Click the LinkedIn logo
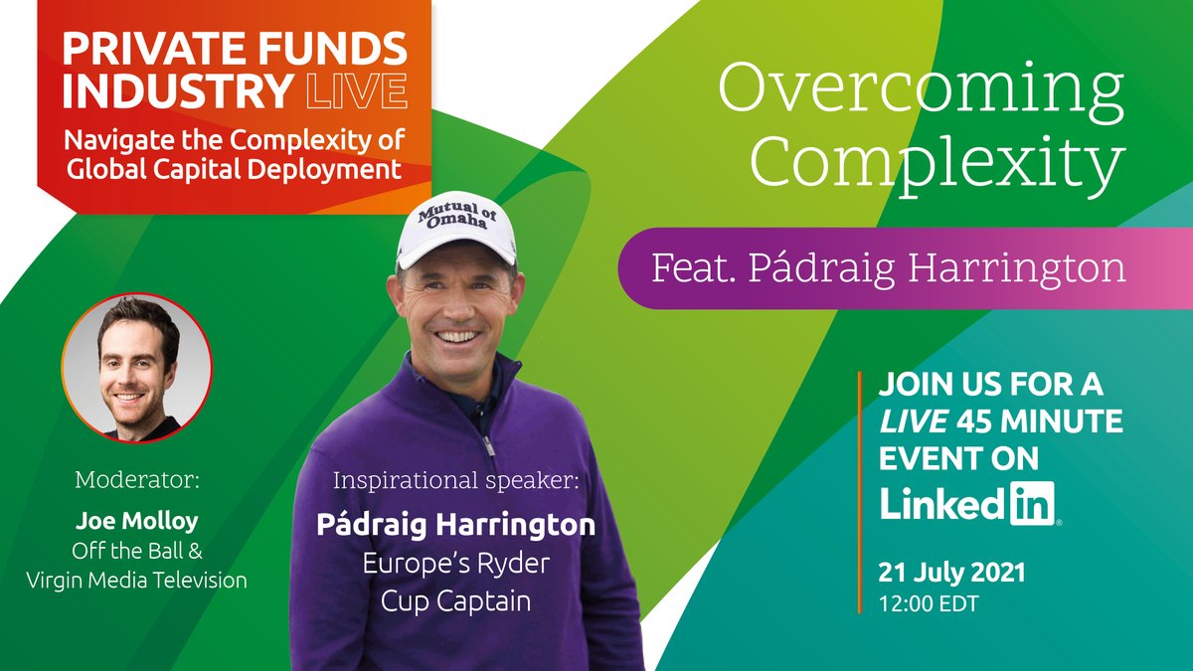point(968,503)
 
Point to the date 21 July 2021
point(951,573)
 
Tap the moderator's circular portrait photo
point(137,367)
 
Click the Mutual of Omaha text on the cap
point(452,214)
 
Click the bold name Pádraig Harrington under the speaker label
point(455,524)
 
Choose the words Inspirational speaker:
point(454,480)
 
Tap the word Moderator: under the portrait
point(137,481)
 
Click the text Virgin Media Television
point(137,580)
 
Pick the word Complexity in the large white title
point(936,165)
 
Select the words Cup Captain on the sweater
point(454,599)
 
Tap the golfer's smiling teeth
point(457,336)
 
